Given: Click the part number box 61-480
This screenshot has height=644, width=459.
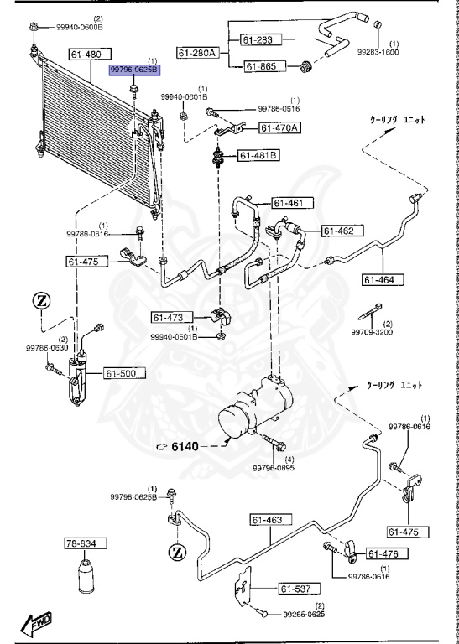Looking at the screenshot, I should tap(86, 55).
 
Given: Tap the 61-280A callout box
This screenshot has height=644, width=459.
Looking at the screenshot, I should tap(196, 52).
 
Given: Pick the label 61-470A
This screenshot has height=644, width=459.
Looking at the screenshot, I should tap(279, 127).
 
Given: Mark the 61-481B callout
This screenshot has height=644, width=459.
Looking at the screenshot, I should tap(258, 155).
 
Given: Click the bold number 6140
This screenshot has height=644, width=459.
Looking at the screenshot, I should tap(185, 446).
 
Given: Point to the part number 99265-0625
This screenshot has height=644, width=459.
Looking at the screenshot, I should tap(304, 615).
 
